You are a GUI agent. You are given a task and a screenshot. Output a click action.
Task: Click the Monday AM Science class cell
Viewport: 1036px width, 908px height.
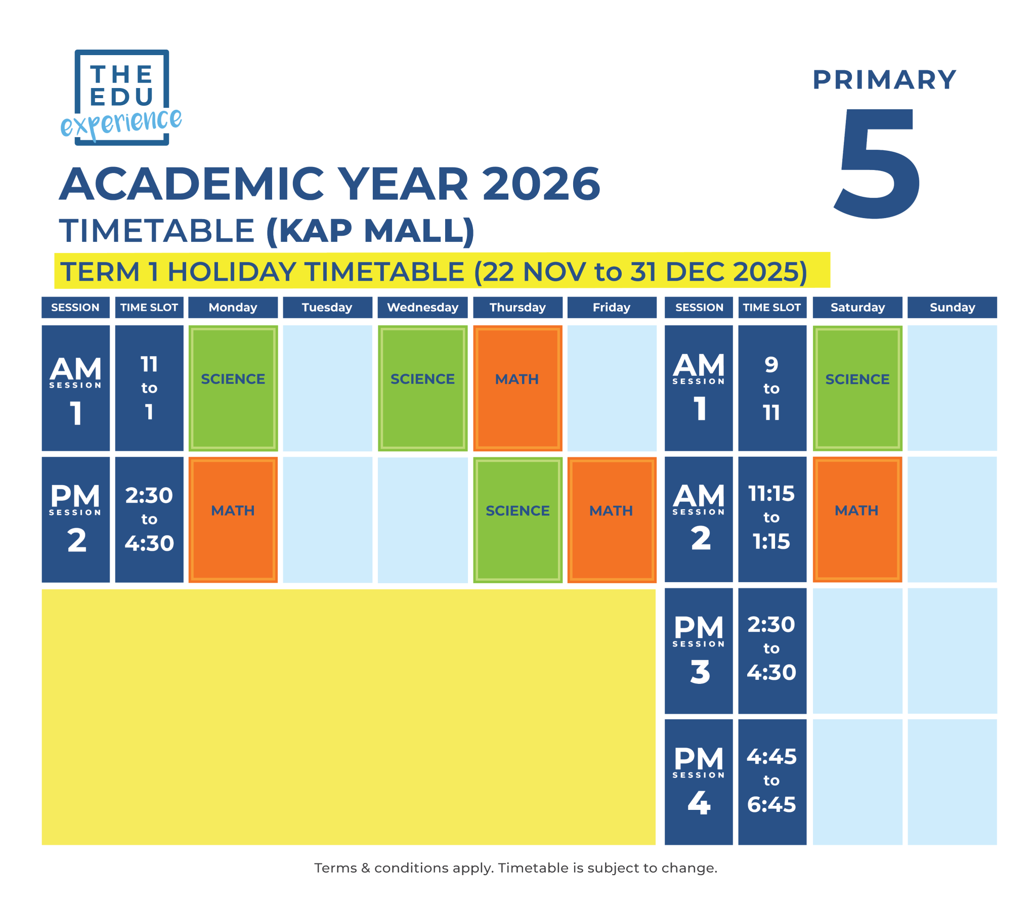tap(233, 387)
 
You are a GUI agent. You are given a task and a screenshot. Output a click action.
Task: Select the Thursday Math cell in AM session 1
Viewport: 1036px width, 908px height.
tap(517, 387)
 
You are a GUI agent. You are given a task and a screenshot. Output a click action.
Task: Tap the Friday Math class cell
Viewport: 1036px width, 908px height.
tap(612, 520)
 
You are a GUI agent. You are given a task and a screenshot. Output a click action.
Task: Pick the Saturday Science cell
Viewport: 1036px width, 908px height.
tap(857, 387)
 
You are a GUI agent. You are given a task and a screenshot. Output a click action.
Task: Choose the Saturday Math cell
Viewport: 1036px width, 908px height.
tap(857, 519)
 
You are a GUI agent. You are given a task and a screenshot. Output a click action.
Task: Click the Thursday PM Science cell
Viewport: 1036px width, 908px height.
tap(517, 520)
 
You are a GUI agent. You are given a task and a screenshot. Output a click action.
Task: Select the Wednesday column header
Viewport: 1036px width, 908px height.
tap(422, 307)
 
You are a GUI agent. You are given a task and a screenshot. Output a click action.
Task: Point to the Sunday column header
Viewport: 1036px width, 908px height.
tap(952, 307)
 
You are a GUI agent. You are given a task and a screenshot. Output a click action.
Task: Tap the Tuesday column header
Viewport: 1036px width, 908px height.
tap(327, 307)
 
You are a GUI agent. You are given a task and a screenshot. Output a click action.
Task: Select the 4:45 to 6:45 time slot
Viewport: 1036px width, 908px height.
tap(771, 782)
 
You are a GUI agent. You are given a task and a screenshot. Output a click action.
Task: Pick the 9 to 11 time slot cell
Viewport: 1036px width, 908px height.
tap(771, 387)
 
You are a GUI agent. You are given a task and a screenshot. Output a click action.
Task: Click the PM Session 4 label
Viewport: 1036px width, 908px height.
tap(698, 782)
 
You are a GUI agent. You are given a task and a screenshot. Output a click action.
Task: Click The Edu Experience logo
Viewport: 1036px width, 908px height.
tap(121, 97)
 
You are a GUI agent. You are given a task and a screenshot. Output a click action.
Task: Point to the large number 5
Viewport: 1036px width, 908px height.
tap(878, 163)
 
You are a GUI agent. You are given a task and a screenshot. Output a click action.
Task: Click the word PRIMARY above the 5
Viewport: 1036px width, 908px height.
tap(884, 80)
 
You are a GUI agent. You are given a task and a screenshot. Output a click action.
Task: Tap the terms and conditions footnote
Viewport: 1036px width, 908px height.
tap(515, 868)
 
